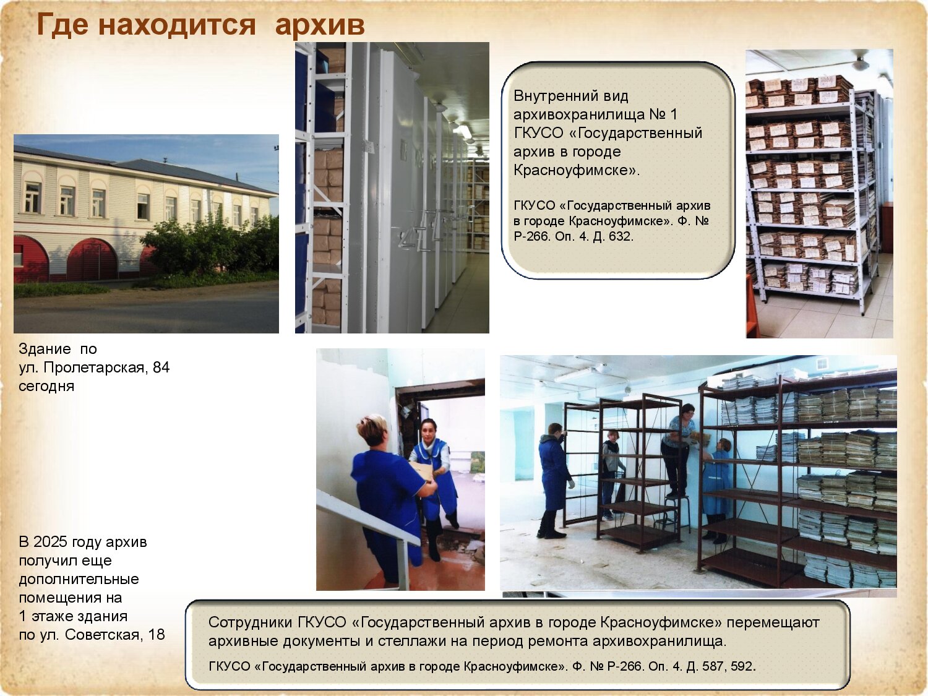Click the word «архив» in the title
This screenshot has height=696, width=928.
pyautogui.click(x=320, y=25)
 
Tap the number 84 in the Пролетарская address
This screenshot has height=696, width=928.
pyautogui.click(x=161, y=367)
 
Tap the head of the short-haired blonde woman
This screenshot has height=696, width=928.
pyautogui.click(x=371, y=430)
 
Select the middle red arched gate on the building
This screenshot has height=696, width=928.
pyautogui.click(x=92, y=259)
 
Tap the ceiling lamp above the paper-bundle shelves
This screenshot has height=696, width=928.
pyautogui.click(x=861, y=62)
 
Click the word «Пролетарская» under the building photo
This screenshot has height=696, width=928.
pyautogui.click(x=94, y=368)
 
